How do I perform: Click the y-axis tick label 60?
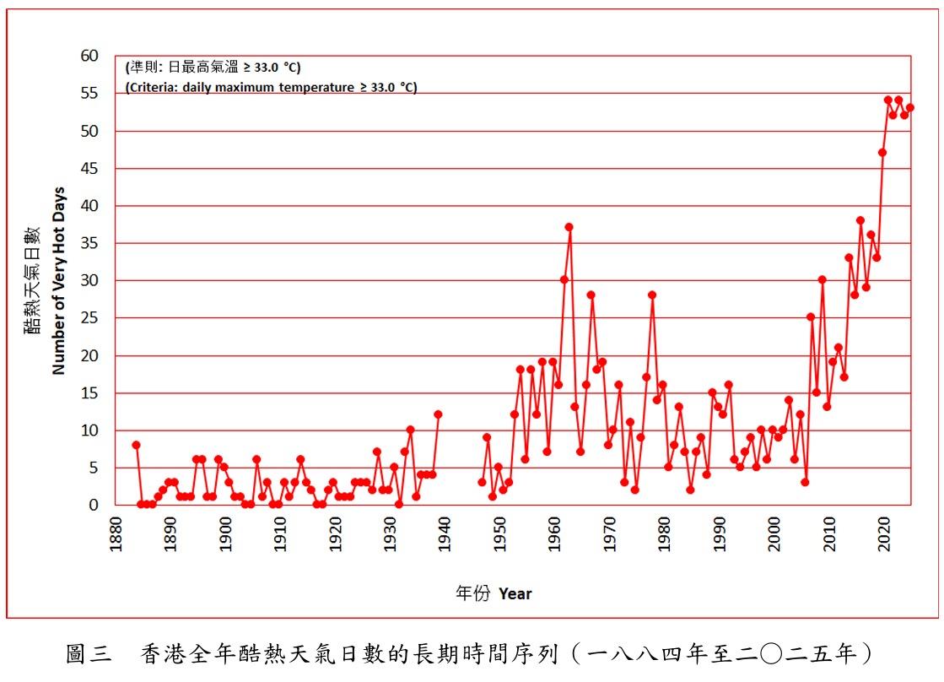[x=89, y=56]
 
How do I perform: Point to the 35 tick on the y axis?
[x=89, y=243]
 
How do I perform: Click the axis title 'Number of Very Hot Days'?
[x=58, y=280]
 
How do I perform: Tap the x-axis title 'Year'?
[x=515, y=593]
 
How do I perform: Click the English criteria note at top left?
[x=271, y=87]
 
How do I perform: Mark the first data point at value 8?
[x=136, y=445]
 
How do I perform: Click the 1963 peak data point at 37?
[x=569, y=227]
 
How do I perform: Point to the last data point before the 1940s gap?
[x=438, y=414]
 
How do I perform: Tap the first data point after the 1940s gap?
[x=482, y=482]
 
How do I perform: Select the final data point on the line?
[x=909, y=108]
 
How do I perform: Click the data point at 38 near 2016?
[x=860, y=220]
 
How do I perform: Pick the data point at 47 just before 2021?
[x=882, y=153]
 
